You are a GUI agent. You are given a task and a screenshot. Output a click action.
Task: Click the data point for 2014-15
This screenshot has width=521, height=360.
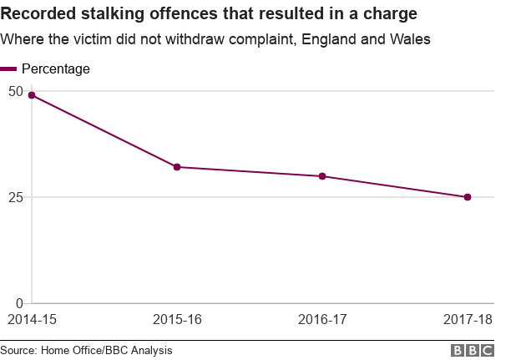click(32, 95)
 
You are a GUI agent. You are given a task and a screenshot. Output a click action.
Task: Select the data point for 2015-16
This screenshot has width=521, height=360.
click(177, 167)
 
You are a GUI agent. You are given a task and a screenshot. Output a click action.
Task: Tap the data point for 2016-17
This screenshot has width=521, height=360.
click(322, 176)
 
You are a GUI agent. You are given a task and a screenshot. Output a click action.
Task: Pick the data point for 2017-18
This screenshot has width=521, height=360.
click(468, 197)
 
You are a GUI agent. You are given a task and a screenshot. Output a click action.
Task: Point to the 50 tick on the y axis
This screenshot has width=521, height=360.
click(15, 90)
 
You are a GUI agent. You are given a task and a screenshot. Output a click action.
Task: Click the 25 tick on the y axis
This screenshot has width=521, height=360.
click(15, 197)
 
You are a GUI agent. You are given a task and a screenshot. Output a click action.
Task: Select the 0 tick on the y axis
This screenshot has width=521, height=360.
click(19, 303)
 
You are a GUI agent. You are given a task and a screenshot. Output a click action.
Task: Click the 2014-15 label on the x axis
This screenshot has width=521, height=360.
click(32, 320)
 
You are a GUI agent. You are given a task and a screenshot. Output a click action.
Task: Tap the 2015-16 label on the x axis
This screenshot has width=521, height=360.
click(177, 320)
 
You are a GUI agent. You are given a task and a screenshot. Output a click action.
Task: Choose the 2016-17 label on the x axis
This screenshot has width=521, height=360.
click(322, 320)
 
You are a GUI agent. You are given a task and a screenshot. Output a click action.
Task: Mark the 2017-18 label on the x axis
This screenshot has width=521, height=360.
click(468, 320)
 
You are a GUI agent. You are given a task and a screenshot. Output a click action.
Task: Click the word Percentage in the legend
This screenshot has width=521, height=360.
click(56, 69)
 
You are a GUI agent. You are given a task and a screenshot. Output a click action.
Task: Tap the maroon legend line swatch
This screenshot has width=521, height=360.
click(8, 69)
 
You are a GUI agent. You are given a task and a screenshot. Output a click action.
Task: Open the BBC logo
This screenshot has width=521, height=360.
click(473, 351)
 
